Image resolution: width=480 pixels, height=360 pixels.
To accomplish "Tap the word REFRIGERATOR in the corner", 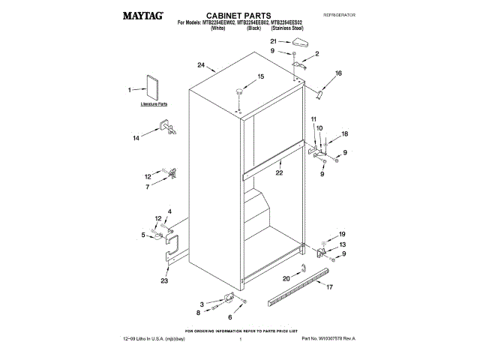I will pyautogui.click(x=339, y=15).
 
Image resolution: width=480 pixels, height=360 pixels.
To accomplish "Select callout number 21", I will pyautogui.click(x=274, y=41).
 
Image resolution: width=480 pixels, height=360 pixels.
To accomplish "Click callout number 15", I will pyautogui.click(x=261, y=76).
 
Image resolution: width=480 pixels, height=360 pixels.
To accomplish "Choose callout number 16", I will pyautogui.click(x=338, y=73).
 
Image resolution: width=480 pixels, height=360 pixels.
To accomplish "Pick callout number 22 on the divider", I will pyautogui.click(x=279, y=173).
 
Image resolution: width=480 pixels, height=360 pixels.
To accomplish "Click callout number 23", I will pyautogui.click(x=164, y=281).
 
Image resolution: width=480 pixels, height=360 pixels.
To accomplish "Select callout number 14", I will pyautogui.click(x=136, y=138).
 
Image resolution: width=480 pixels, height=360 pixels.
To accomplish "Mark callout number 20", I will pyautogui.click(x=286, y=278).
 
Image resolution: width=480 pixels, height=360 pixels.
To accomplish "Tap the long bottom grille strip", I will pyautogui.click(x=298, y=283).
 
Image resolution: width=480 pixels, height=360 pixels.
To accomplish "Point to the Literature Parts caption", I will pyautogui.click(x=154, y=105).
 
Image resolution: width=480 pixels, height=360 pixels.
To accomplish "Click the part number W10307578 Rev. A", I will pyautogui.click(x=331, y=340).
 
